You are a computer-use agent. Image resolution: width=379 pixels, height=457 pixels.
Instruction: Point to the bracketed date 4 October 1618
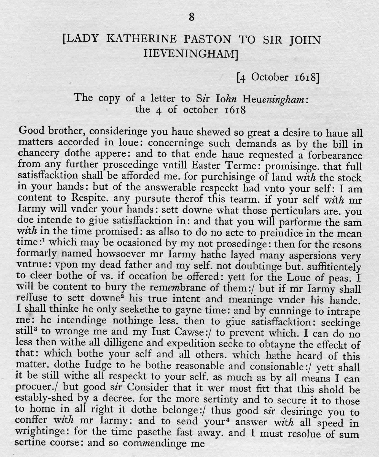pyautogui.click(x=278, y=77)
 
